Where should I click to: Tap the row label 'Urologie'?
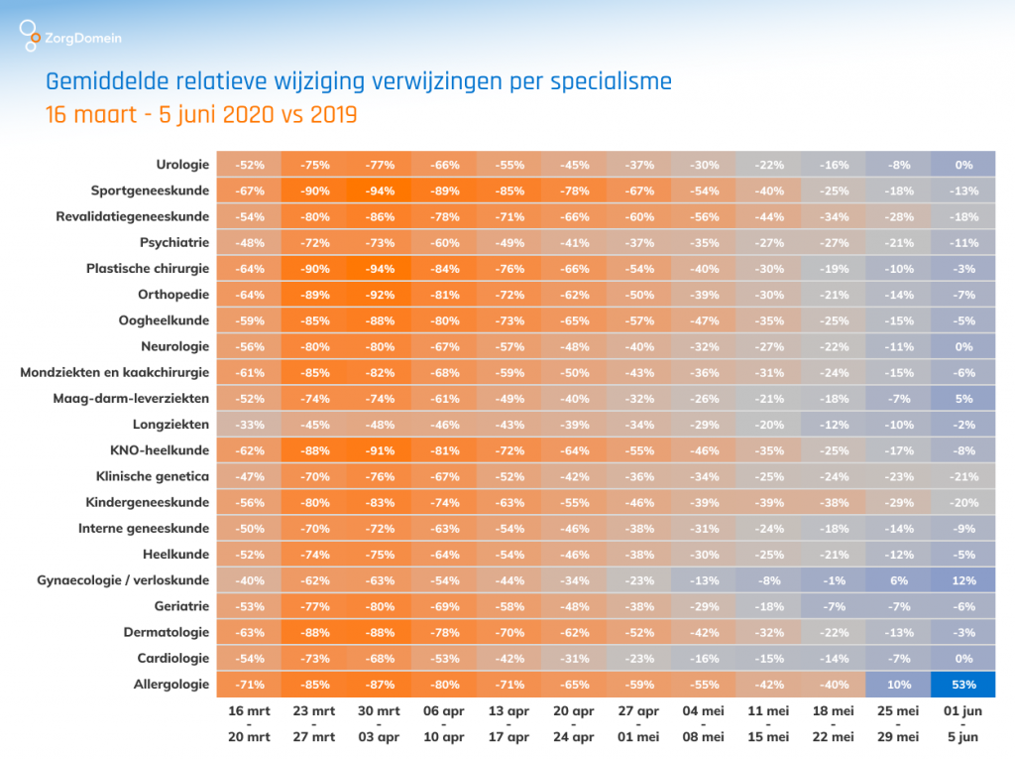(x=182, y=164)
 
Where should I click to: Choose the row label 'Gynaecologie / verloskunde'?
(x=123, y=579)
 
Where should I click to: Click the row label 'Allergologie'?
(x=171, y=684)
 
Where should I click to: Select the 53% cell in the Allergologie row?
(x=962, y=684)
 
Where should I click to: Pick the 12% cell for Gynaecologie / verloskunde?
(x=962, y=579)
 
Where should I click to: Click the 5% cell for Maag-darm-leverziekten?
(x=962, y=398)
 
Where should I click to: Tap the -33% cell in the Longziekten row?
(x=250, y=424)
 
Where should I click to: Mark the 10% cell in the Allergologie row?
(x=898, y=684)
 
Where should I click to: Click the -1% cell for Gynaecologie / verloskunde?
(x=834, y=579)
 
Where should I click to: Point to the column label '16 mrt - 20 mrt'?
(x=250, y=723)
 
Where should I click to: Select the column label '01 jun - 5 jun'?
(x=962, y=723)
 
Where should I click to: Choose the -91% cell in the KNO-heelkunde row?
(x=380, y=449)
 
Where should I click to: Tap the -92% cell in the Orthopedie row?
(x=380, y=294)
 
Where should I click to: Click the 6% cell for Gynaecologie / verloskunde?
(x=898, y=579)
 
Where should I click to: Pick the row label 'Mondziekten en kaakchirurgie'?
(x=115, y=372)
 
